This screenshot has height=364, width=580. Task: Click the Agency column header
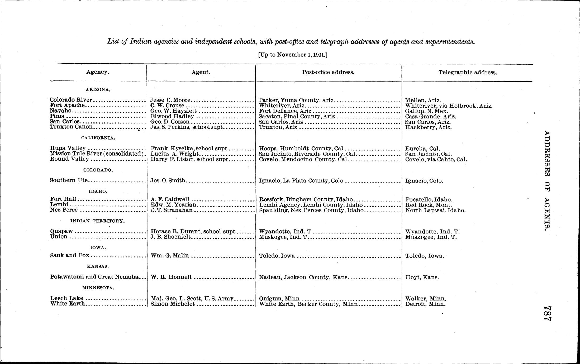[x=98, y=72]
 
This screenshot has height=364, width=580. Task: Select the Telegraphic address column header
[x=468, y=73]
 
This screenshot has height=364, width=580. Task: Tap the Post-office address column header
[x=328, y=72]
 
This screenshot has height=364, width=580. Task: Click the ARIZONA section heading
[x=98, y=90]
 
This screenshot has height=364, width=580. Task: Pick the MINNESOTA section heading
[x=98, y=288]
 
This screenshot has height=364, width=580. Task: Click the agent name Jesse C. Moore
[x=170, y=100]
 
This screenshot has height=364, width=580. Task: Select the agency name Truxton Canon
[x=71, y=127]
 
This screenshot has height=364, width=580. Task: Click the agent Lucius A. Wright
[x=174, y=154]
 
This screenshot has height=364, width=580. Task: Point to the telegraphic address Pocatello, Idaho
[x=429, y=200]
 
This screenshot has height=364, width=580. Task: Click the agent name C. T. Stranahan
[x=172, y=210]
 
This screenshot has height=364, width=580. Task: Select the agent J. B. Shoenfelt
[x=170, y=237]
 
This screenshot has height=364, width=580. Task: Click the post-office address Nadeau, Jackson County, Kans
[x=303, y=277]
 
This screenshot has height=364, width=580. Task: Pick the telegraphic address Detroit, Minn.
[x=425, y=304]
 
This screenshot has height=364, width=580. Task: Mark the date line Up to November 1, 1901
[x=293, y=55]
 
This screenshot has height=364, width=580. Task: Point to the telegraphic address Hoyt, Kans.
[x=422, y=277]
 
